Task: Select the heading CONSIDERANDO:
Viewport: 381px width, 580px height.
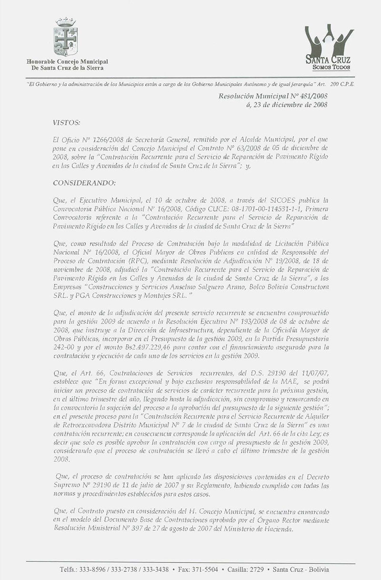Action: click(x=81, y=183)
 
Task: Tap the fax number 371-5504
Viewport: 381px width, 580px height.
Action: click(x=208, y=570)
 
